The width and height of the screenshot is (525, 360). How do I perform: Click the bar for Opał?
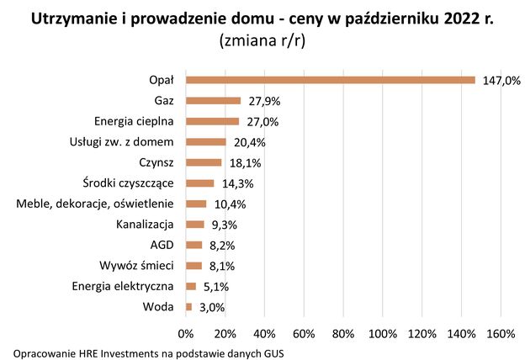(330, 80)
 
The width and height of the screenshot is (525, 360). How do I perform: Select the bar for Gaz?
(213, 101)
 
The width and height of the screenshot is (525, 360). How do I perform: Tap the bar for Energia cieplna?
(212, 121)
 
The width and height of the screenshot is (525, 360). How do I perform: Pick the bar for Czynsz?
(204, 162)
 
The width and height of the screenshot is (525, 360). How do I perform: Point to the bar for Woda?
(188, 307)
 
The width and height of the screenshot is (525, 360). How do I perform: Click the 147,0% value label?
(501, 81)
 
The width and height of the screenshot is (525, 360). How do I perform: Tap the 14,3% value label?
(237, 183)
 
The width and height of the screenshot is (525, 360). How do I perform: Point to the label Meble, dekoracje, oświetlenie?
(94, 204)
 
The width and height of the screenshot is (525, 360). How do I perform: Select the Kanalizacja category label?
(144, 225)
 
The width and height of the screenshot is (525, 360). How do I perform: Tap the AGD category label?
(162, 245)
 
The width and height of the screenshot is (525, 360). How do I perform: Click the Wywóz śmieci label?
(136, 266)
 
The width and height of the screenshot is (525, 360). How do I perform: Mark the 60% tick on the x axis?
(304, 333)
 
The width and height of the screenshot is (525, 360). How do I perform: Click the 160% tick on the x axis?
(501, 333)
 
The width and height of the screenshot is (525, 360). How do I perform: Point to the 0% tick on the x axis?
(186, 333)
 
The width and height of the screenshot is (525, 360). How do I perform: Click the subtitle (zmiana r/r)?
(262, 40)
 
